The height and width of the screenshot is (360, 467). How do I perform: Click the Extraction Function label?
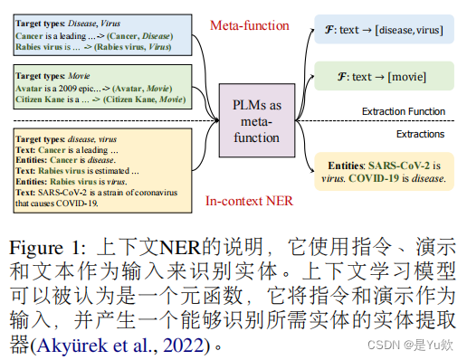pos(403,112)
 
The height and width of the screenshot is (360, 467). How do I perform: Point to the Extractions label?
pos(420,134)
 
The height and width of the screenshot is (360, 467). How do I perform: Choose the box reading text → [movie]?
pos(384,77)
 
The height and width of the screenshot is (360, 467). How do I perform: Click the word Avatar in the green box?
pos(28,89)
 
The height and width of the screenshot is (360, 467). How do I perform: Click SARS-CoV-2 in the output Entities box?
pos(397,166)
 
